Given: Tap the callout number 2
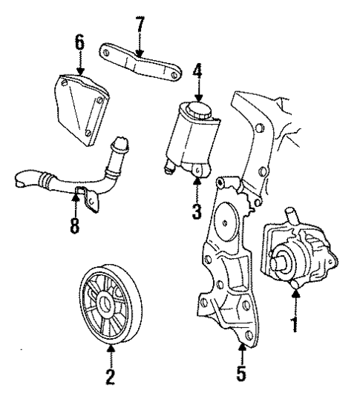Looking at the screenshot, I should point(110,376).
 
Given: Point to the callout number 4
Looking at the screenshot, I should point(197,74).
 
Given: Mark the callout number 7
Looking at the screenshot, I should point(138,24).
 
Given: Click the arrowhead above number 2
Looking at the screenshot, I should point(110,348).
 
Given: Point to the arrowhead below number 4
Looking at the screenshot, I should point(197,99).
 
